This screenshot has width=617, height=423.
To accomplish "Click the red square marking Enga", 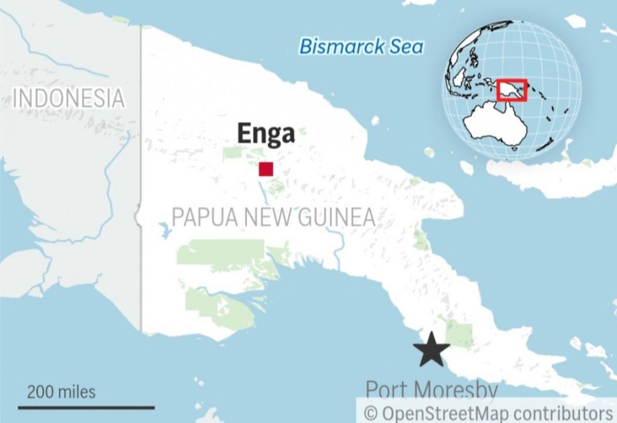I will (266, 169).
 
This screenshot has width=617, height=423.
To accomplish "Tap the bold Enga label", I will (266, 134).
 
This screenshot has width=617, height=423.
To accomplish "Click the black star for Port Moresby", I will (431, 350).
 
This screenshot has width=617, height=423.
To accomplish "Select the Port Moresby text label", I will (431, 390).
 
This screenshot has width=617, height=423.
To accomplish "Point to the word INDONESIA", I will (69, 98).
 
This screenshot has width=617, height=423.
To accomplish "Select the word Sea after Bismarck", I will (404, 47).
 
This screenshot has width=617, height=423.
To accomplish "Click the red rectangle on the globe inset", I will (512, 91).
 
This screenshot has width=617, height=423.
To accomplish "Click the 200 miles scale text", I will (61, 391).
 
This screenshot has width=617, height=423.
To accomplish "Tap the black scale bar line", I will (86, 407).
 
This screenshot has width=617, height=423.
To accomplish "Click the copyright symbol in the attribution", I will (370, 412).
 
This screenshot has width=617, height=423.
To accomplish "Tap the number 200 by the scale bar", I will (39, 391).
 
